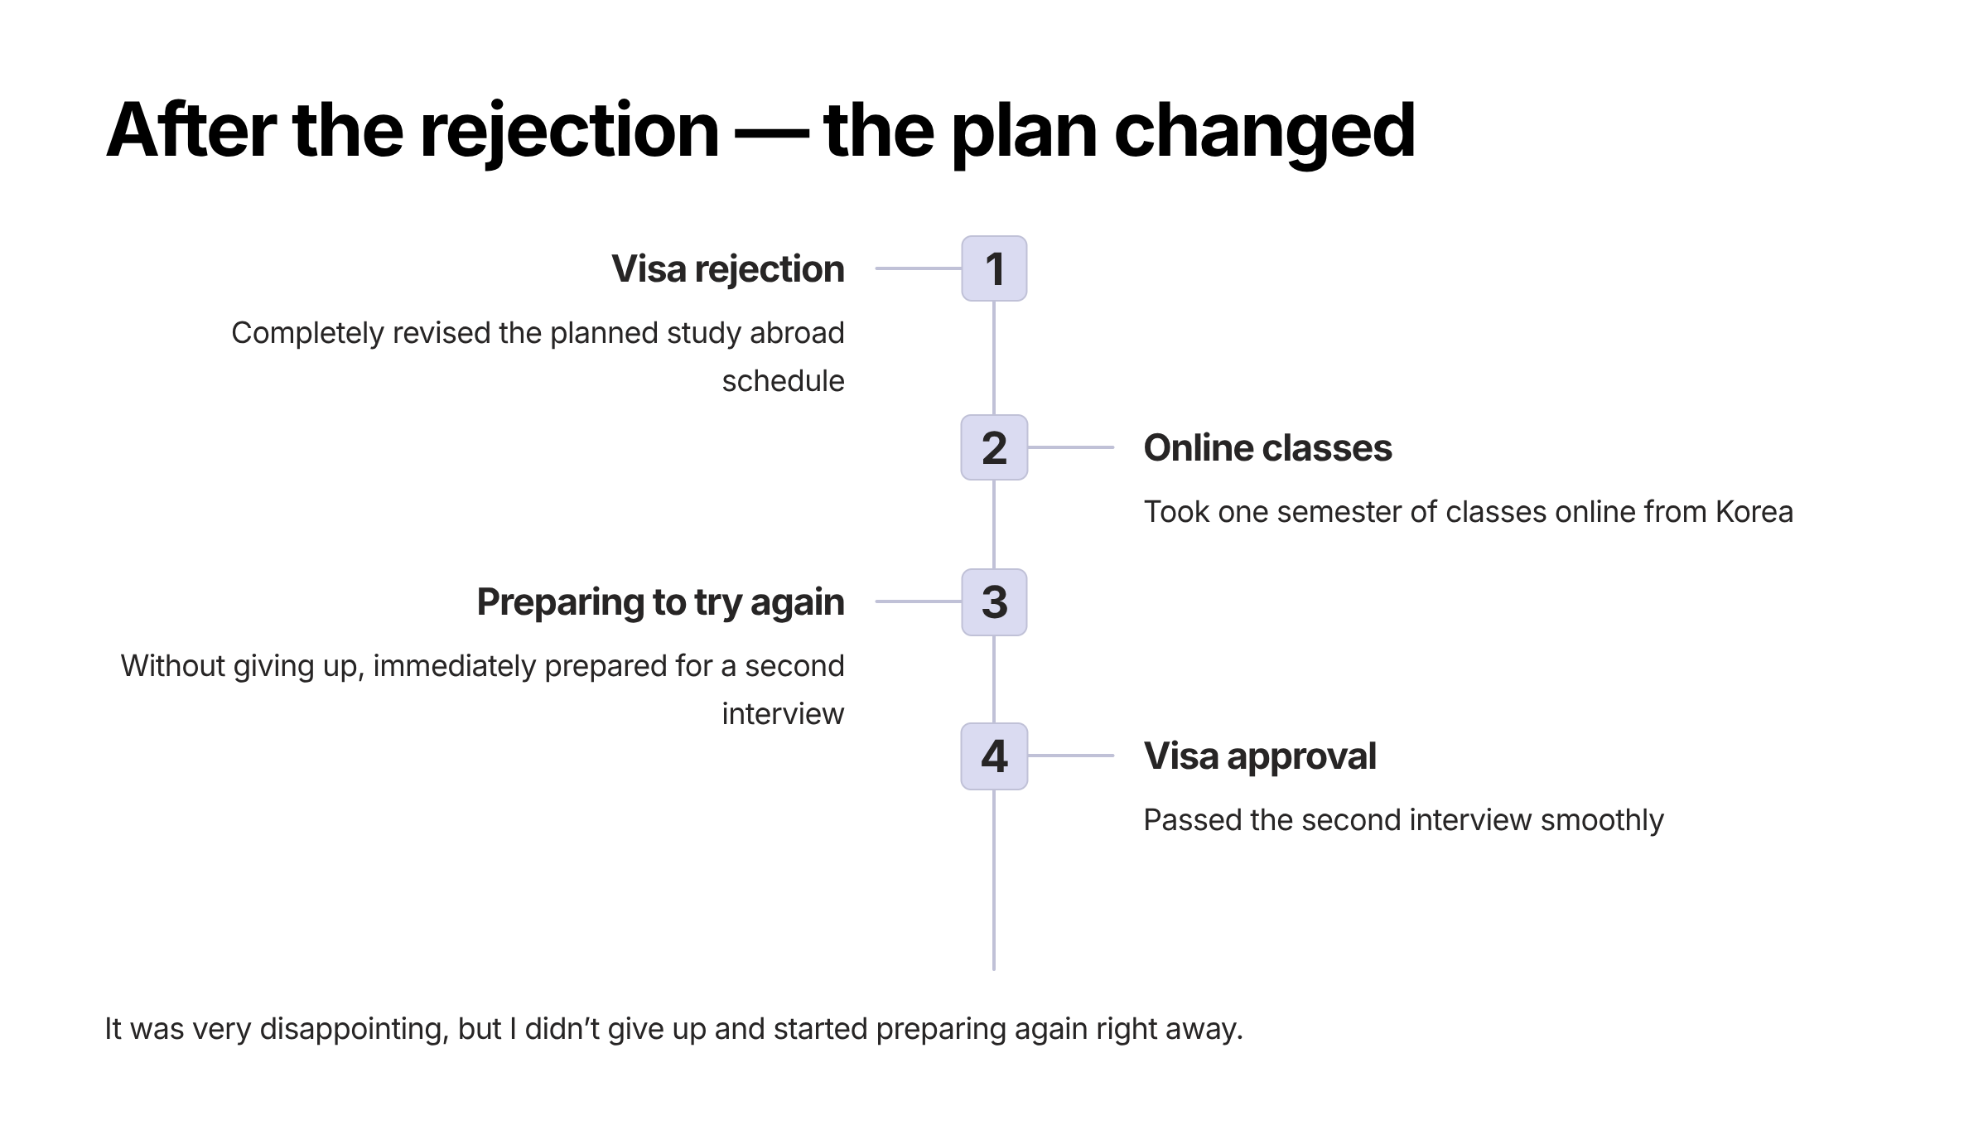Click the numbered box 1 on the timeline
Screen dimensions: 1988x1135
pos(994,268)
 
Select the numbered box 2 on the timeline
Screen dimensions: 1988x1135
pos(994,447)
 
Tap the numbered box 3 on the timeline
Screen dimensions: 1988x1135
pos(994,602)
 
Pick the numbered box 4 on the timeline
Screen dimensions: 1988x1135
pos(994,756)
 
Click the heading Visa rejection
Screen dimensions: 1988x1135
pos(727,269)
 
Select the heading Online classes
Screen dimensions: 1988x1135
pos(1267,448)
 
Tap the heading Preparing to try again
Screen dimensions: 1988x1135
pos(660,602)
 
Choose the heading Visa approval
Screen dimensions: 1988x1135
pos(1260,756)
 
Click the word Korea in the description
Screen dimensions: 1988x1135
pos(1754,512)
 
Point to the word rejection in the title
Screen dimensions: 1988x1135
pos(569,130)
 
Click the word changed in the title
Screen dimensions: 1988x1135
pos(1264,130)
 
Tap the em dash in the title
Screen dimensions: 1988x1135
pos(771,132)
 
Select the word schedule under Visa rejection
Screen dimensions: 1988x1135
pos(783,381)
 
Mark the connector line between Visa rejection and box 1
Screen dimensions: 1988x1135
pos(918,268)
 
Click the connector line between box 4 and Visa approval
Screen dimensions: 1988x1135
pos(1070,756)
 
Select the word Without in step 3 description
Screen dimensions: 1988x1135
pos(173,666)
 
